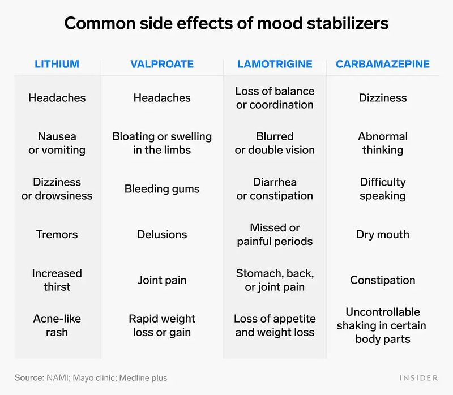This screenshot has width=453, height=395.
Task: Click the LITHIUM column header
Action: point(57,64)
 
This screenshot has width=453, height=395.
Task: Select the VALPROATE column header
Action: point(162,64)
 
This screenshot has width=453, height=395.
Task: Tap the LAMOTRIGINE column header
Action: point(275,64)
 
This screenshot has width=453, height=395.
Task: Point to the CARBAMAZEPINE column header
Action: point(383,64)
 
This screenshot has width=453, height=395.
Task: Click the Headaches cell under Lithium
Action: point(57,98)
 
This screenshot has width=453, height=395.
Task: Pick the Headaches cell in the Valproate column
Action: point(162,98)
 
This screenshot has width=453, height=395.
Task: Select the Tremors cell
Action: point(57,234)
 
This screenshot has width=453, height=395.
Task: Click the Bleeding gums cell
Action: point(162,189)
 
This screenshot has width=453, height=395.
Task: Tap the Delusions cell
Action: point(162,234)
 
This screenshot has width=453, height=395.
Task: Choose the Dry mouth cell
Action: point(383,234)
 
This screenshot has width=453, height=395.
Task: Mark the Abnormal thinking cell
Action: point(383,143)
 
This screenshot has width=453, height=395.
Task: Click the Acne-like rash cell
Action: point(57,325)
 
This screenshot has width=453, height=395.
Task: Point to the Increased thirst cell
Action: point(57,280)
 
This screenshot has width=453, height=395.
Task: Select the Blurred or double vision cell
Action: point(275,143)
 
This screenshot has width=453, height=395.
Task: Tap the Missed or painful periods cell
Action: point(275,234)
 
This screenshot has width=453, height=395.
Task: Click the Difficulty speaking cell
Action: point(383,189)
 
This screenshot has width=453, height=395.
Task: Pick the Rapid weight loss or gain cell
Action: point(162,325)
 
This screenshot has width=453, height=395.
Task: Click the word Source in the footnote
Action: point(28,377)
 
